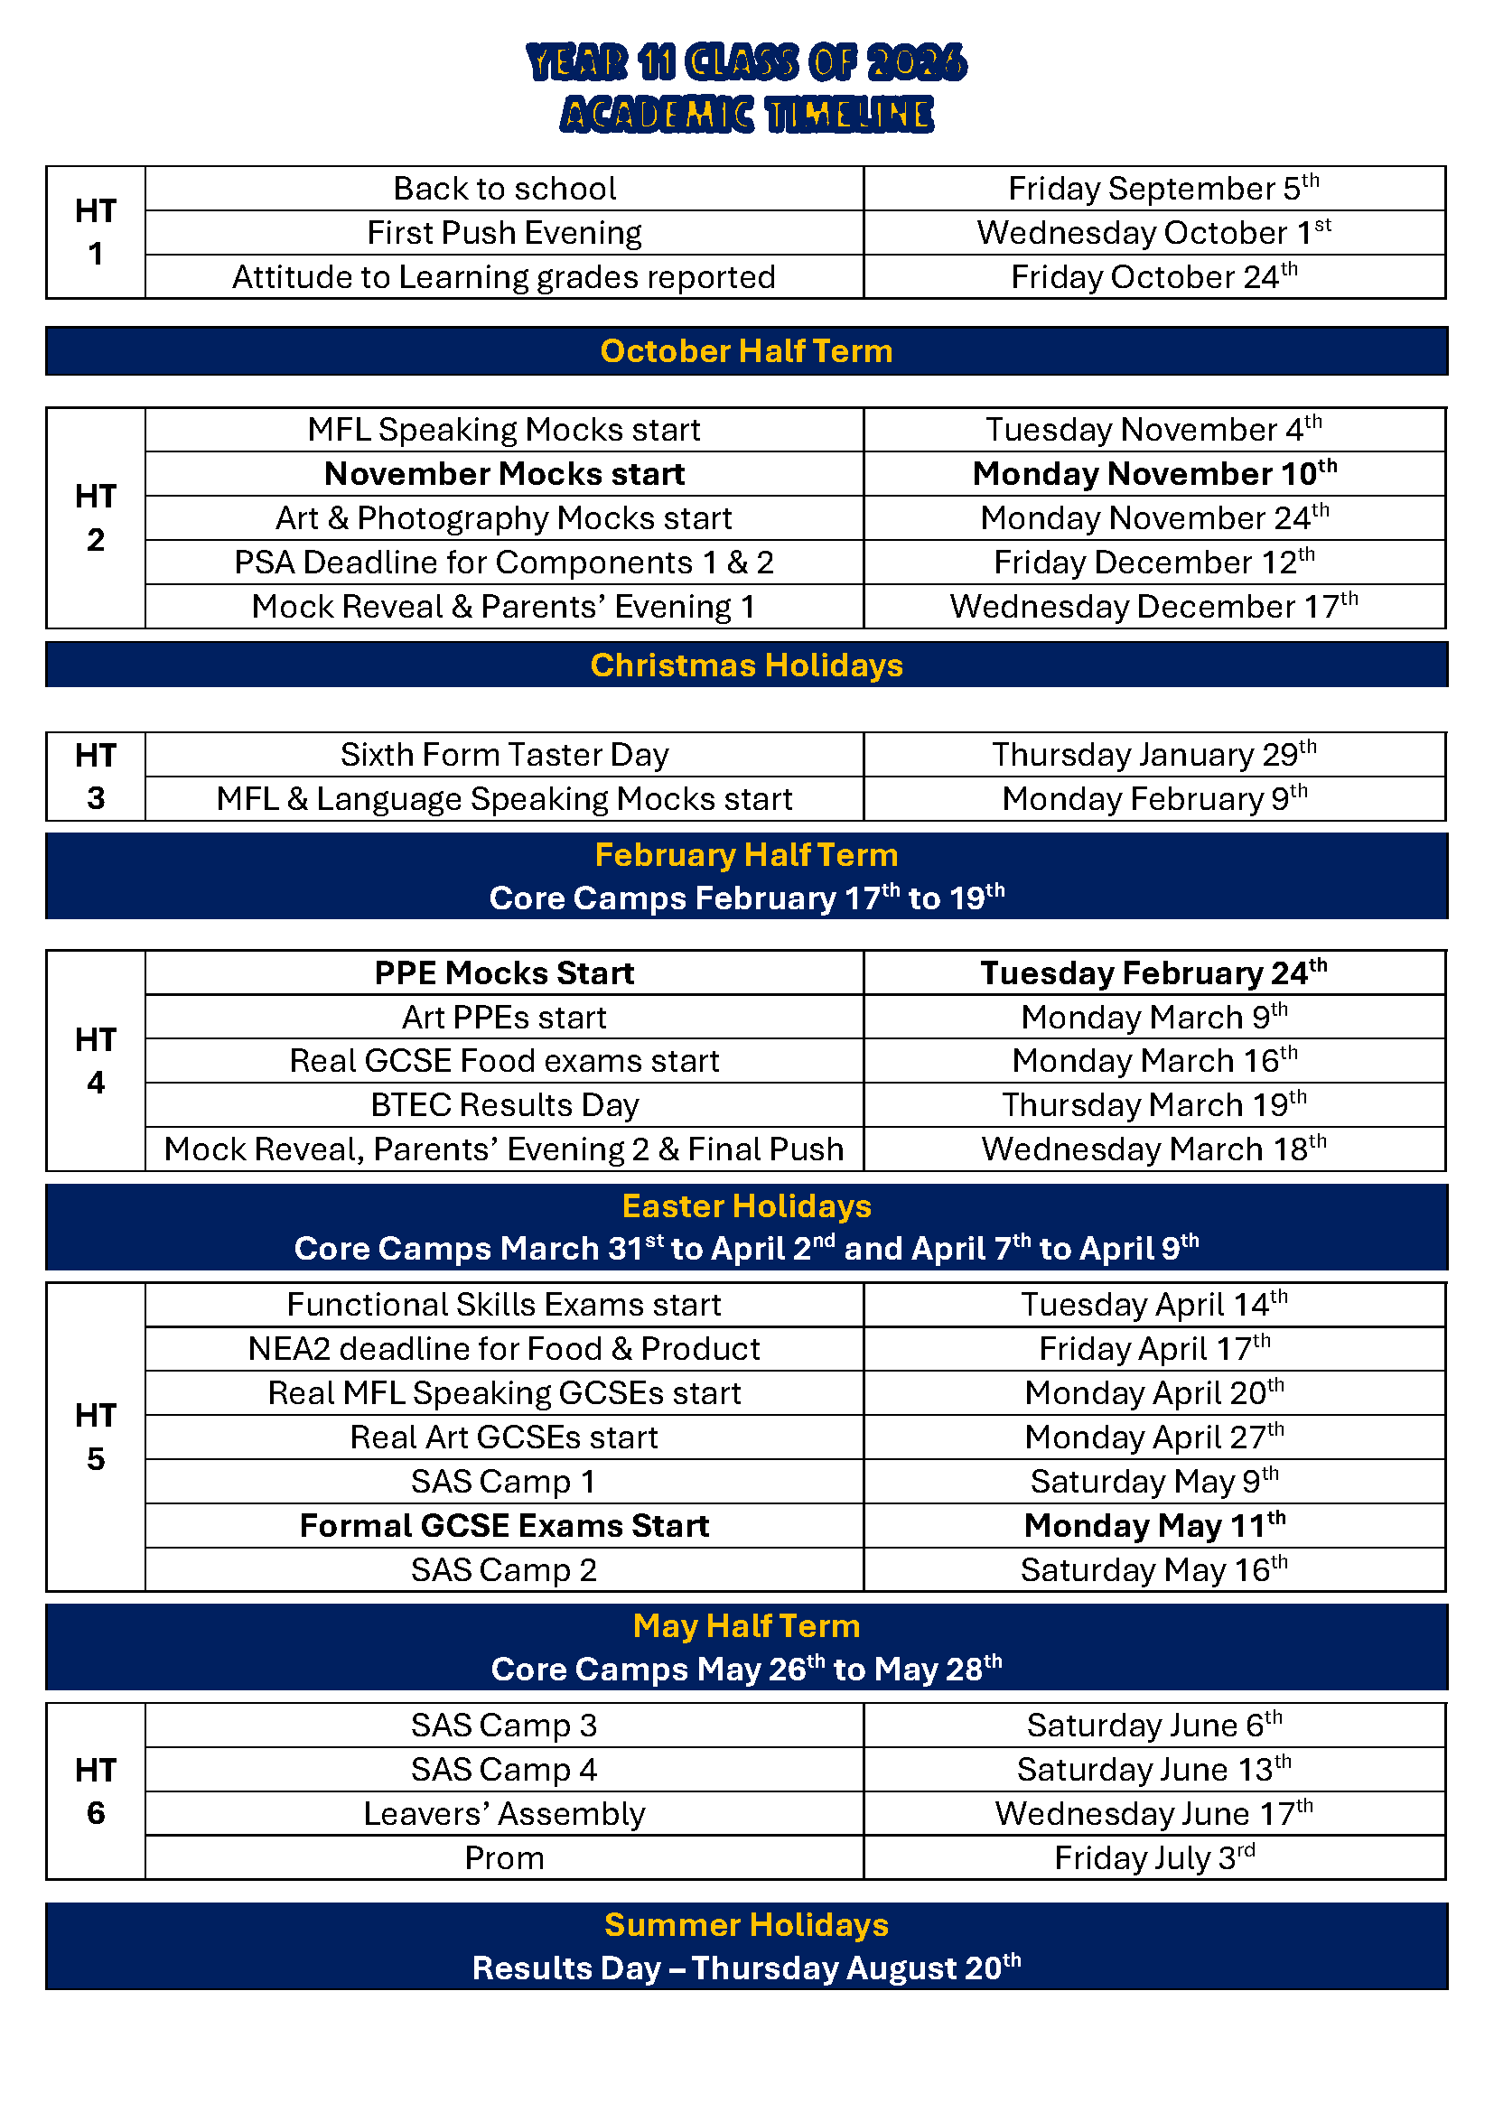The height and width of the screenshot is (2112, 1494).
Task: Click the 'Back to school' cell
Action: tap(504, 189)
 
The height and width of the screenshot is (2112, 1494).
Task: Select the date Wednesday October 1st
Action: tap(1153, 233)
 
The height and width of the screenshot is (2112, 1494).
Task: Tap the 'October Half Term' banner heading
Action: tap(746, 351)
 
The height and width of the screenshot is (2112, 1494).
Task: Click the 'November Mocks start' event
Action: tap(504, 474)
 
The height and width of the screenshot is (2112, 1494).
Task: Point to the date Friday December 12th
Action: tap(1153, 562)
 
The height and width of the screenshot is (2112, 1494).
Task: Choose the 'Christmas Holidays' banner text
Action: tap(746, 665)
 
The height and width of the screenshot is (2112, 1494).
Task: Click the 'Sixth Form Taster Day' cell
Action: tap(504, 755)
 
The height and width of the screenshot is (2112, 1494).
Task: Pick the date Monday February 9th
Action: tap(1153, 798)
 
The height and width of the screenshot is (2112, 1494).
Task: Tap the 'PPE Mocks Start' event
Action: tap(504, 973)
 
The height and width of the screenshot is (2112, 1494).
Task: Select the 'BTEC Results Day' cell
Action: tap(504, 1104)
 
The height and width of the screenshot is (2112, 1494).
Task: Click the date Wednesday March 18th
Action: tap(1153, 1149)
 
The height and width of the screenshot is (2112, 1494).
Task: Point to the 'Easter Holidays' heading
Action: tap(746, 1206)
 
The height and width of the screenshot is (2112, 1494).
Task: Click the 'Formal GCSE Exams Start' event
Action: tap(504, 1526)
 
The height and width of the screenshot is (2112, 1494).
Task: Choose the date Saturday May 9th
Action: tap(1153, 1482)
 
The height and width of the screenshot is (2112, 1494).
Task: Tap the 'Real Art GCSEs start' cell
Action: tap(504, 1437)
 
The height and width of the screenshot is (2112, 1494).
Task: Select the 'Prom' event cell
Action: tap(504, 1858)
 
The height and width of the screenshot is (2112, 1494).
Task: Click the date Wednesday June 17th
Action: tap(1153, 1814)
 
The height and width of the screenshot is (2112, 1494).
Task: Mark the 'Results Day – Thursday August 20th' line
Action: tap(746, 1968)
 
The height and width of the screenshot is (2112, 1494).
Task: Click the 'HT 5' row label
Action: tap(96, 1437)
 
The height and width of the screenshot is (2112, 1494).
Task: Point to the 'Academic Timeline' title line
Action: tap(746, 115)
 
